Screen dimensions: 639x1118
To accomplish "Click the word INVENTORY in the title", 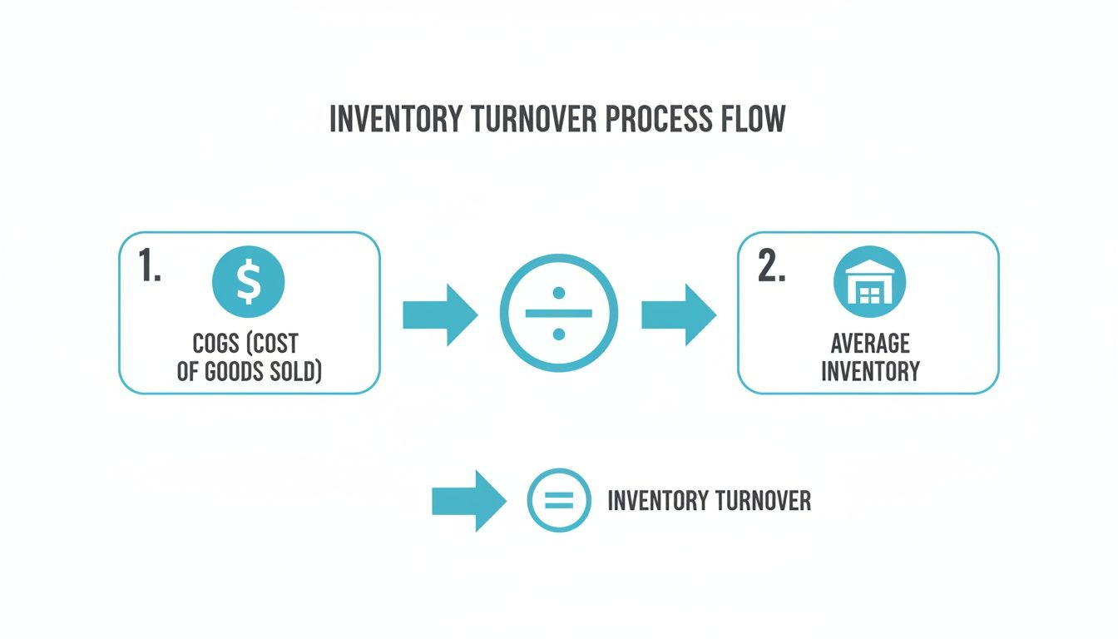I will (x=398, y=120).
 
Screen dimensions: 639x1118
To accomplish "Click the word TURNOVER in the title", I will (x=534, y=120).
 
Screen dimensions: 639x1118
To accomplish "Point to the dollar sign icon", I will (x=249, y=281).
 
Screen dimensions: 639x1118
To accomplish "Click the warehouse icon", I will (x=869, y=282).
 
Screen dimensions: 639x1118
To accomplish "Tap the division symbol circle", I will (x=558, y=313).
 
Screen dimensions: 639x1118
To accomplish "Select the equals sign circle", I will (x=559, y=500).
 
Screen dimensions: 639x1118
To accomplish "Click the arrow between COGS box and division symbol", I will (x=439, y=315).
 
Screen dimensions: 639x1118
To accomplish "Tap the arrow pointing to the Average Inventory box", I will (x=678, y=315).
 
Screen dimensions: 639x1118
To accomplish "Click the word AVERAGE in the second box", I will (x=870, y=344).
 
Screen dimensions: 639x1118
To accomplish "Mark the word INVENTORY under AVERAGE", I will (x=870, y=370).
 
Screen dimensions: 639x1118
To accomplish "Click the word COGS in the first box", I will (x=215, y=344).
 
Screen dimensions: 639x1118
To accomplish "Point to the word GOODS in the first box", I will (x=238, y=371).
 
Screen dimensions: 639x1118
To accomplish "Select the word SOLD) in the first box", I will (x=295, y=371).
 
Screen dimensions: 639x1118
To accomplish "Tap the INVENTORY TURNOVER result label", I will (x=709, y=501).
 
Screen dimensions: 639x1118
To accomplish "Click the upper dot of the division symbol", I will (x=559, y=293).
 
